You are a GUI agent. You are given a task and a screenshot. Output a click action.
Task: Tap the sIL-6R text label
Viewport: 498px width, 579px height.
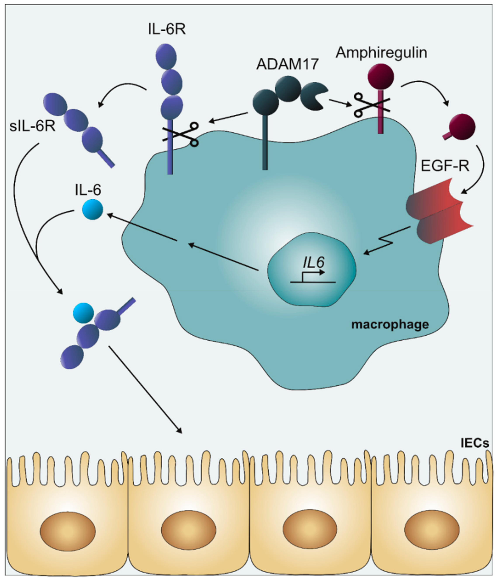coord(33,126)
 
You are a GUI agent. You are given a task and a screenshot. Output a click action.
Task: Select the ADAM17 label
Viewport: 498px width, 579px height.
coord(287,64)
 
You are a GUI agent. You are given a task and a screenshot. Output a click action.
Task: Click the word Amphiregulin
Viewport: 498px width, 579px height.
coord(381,53)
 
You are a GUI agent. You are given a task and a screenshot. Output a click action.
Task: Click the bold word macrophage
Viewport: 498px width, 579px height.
coord(390,324)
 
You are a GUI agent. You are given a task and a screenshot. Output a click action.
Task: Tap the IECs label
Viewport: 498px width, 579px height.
coord(475,443)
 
